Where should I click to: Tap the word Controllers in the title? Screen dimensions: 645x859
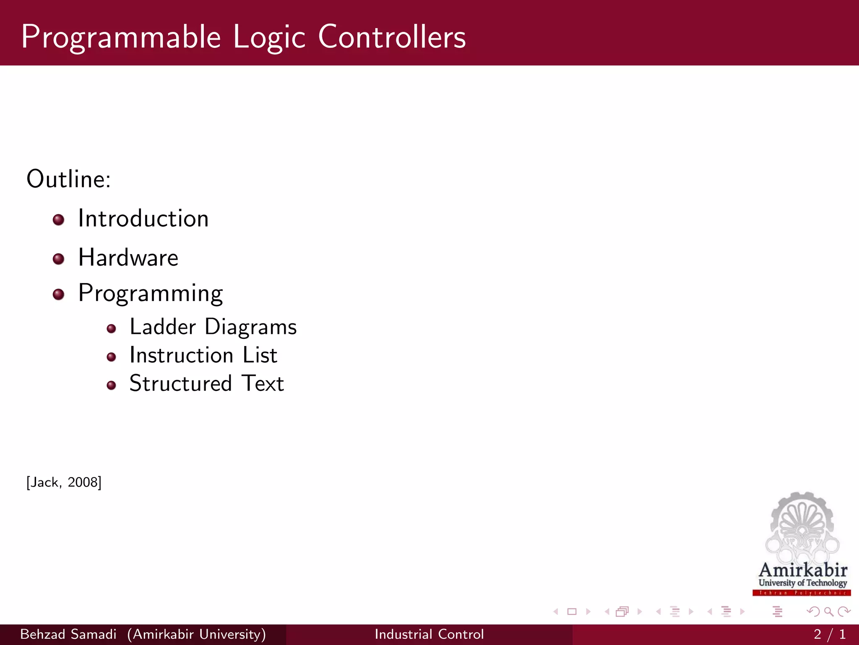(x=392, y=37)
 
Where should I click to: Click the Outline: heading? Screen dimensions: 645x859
(x=69, y=179)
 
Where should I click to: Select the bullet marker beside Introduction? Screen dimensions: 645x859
(x=59, y=220)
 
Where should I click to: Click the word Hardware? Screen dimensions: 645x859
(x=128, y=257)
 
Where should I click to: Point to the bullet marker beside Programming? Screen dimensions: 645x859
(x=59, y=294)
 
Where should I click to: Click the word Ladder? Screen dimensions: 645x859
(x=163, y=327)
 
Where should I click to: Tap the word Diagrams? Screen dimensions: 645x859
(x=250, y=328)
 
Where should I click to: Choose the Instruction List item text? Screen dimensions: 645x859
(x=203, y=355)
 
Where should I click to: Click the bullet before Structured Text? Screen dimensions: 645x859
(x=111, y=385)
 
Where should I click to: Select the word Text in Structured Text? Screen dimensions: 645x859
(x=263, y=383)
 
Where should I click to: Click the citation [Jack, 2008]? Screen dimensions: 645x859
(x=64, y=482)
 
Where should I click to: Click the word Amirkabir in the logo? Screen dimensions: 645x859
(x=803, y=570)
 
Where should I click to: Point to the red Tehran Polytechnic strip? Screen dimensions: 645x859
(x=802, y=593)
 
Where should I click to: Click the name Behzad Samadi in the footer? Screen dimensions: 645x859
(x=68, y=634)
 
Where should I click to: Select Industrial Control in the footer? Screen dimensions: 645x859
(x=429, y=634)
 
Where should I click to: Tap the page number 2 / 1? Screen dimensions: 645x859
(x=829, y=634)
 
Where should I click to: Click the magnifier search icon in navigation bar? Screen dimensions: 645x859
(x=828, y=611)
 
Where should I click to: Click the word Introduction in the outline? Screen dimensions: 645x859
(x=143, y=219)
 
